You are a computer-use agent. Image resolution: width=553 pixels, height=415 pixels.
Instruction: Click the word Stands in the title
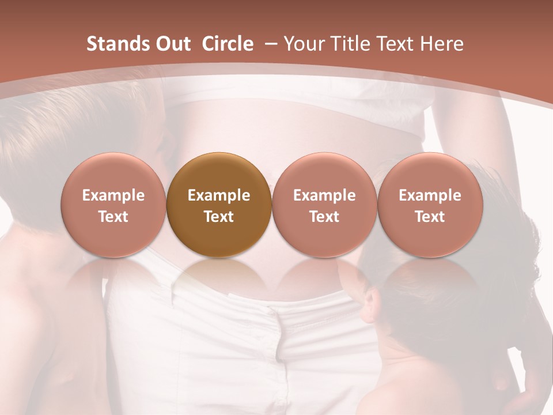tap(118, 44)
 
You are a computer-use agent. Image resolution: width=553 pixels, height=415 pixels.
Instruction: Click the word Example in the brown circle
tap(219, 195)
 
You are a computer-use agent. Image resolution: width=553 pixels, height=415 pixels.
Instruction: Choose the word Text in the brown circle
tap(219, 217)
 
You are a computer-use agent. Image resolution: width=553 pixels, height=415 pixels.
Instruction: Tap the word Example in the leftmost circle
tap(113, 195)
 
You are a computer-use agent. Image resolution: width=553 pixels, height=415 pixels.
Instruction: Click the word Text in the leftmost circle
tap(113, 217)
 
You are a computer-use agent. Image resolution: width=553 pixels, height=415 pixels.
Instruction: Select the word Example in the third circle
tap(324, 195)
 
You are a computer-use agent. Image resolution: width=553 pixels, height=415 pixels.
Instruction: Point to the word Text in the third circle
tap(324, 217)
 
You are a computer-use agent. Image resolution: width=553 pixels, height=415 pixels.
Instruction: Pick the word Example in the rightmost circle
tap(430, 195)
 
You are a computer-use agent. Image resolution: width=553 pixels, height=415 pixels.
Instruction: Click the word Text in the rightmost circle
tap(430, 217)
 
